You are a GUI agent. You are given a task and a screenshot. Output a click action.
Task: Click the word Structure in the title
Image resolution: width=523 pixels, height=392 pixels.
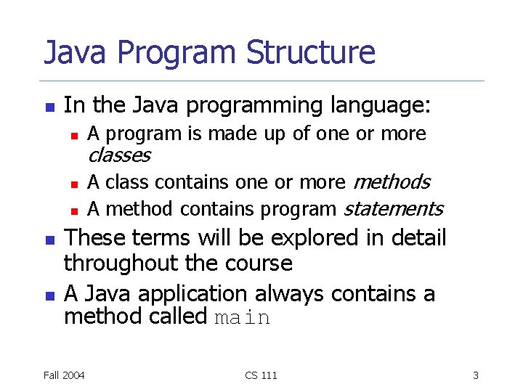pos(311,53)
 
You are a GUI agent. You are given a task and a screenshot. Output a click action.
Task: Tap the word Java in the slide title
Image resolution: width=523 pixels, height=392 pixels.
pos(75,53)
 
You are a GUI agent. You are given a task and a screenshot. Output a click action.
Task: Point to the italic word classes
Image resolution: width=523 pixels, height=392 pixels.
pos(118,155)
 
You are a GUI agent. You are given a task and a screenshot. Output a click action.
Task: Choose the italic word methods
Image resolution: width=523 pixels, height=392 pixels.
pos(392,182)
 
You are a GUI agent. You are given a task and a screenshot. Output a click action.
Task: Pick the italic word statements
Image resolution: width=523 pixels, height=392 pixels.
pos(393,209)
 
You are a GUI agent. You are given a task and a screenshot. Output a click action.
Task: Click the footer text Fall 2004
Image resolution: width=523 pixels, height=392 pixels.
pos(63,375)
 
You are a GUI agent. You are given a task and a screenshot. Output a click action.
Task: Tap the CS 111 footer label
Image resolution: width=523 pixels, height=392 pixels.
pos(261,375)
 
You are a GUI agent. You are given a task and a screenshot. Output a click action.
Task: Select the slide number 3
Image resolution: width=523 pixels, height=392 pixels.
pos(475,375)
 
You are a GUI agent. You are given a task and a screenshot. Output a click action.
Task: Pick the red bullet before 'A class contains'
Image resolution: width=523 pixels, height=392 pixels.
pos(73,183)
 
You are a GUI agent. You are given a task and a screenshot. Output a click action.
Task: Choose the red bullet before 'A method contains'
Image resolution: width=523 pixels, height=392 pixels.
pos(73,210)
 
